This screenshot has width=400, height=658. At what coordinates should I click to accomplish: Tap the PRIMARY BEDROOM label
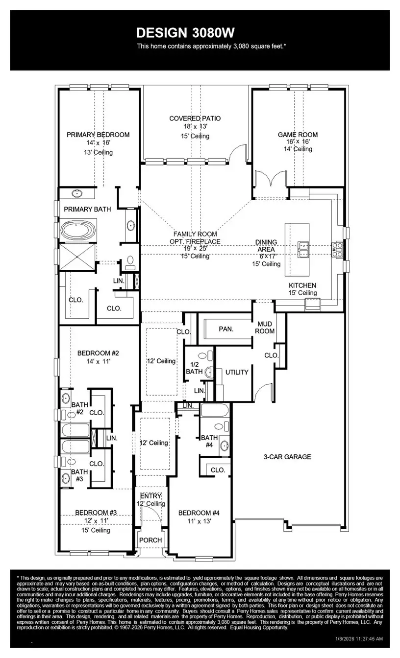pos(98,135)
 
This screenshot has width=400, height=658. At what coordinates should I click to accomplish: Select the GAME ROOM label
pos(298,135)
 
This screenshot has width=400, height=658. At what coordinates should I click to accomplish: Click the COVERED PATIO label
pos(195,118)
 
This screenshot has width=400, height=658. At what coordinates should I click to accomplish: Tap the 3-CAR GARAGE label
pos(287,457)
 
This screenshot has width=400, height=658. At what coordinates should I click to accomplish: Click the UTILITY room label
pos(237,372)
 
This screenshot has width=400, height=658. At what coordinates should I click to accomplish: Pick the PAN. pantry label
pos(225,329)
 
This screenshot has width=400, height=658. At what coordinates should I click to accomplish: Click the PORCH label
pos(150,540)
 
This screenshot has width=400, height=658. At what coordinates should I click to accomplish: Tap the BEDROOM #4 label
pos(199,513)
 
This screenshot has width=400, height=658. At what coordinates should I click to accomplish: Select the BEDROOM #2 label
pos(98,352)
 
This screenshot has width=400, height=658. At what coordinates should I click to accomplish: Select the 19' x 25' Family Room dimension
pos(195,249)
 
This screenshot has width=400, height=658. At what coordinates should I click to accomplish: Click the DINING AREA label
pos(266,245)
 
